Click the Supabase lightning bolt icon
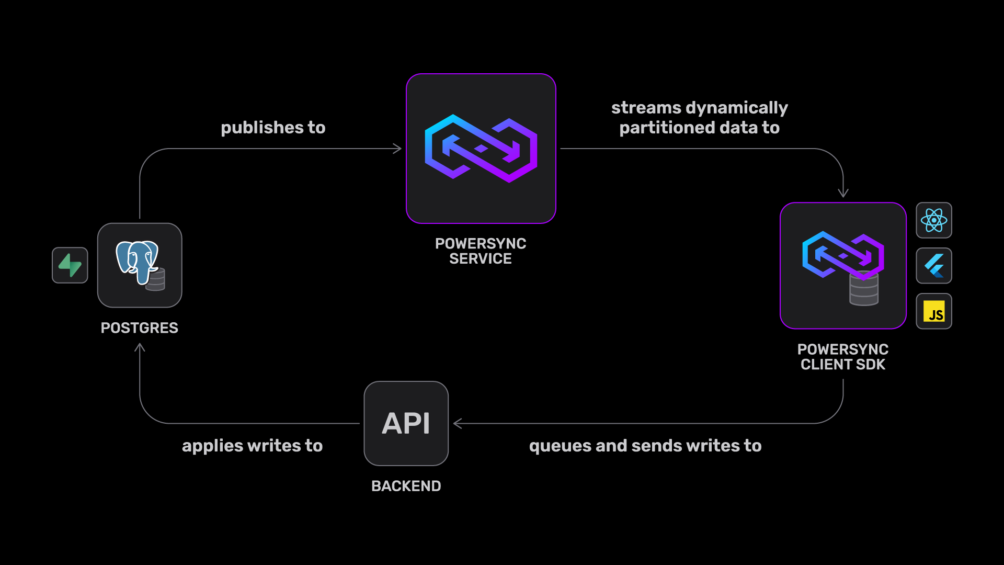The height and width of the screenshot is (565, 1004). point(70,265)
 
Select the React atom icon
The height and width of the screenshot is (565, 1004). point(934,220)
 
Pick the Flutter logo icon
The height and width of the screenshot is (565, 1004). point(934,266)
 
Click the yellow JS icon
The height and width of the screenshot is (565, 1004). point(934,312)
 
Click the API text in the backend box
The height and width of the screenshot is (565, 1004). point(406,423)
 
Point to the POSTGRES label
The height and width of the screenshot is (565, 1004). point(140,328)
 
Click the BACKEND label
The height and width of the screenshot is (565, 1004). point(406,486)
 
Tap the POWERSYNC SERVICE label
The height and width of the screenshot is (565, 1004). point(481,251)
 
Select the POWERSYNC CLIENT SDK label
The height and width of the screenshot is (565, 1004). point(843,357)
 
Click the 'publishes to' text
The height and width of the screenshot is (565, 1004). point(273,128)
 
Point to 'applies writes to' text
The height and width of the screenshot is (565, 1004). point(252,446)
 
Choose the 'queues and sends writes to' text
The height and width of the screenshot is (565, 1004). point(645,446)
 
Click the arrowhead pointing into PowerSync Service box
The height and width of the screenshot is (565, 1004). point(398,149)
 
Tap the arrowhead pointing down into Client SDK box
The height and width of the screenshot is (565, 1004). point(843,194)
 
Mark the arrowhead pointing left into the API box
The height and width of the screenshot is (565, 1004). point(458,424)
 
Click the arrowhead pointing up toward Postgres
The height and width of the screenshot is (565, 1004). point(140,347)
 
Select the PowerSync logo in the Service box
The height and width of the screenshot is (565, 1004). point(481,149)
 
